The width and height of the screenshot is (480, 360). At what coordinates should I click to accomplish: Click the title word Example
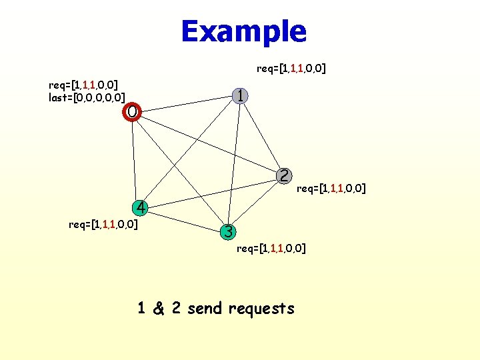tap(243, 31)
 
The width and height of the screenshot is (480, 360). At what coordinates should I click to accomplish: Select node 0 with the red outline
tap(133, 111)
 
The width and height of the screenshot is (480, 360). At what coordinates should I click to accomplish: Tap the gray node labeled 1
tap(241, 96)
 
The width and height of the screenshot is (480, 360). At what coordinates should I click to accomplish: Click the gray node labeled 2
tap(284, 175)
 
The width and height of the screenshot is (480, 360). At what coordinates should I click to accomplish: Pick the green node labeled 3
tap(228, 232)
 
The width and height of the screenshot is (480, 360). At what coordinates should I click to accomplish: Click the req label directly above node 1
tap(291, 68)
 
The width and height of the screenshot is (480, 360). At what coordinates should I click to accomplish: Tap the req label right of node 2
tap(331, 188)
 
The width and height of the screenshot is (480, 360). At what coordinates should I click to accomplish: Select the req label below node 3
tap(271, 249)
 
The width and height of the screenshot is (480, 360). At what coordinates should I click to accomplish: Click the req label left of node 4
tap(103, 224)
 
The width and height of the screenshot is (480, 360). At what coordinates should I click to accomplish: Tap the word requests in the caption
tap(261, 309)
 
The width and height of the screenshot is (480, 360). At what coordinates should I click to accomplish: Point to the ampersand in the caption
tap(159, 309)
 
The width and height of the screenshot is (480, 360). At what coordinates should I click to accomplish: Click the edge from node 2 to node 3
tap(256, 204)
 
